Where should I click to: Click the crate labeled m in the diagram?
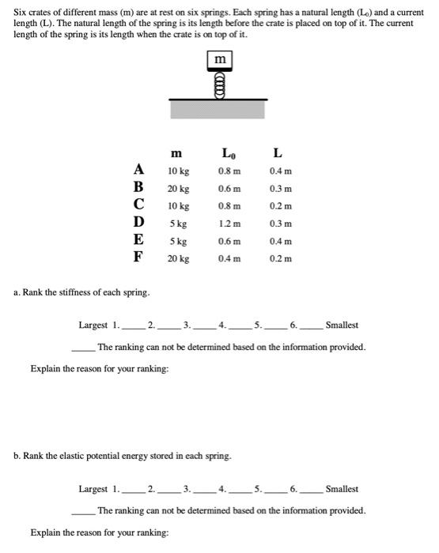pyautogui.click(x=219, y=59)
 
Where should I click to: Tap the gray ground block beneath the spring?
pyautogui.click(x=218, y=109)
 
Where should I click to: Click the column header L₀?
pyautogui.click(x=229, y=152)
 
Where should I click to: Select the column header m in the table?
pyautogui.click(x=176, y=152)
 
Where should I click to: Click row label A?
pyautogui.click(x=139, y=170)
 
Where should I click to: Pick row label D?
pyautogui.click(x=139, y=223)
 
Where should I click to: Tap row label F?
pyautogui.click(x=138, y=257)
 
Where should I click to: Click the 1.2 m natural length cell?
pyautogui.click(x=229, y=224)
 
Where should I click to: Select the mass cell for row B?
pyautogui.click(x=178, y=189)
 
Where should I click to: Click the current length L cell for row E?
pyautogui.click(x=281, y=241)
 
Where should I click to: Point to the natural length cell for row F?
pyautogui.click(x=229, y=258)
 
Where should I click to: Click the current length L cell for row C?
pyautogui.click(x=281, y=206)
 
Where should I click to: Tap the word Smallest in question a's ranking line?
pyautogui.click(x=342, y=325)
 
